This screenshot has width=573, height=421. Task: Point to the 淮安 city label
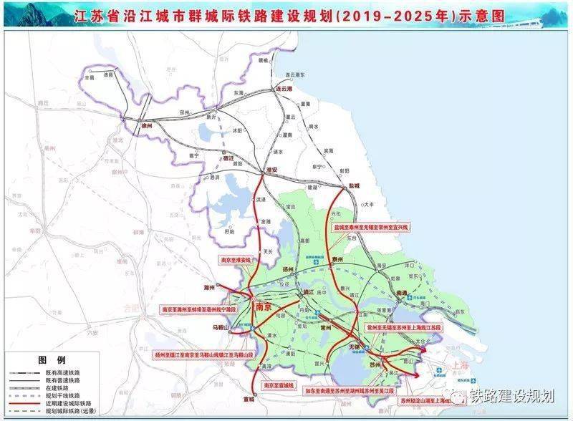[271, 170]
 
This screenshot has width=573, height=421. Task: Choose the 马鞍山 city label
[219, 327]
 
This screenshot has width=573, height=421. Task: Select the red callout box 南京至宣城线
[279, 386]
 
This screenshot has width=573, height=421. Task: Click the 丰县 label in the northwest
[90, 77]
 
